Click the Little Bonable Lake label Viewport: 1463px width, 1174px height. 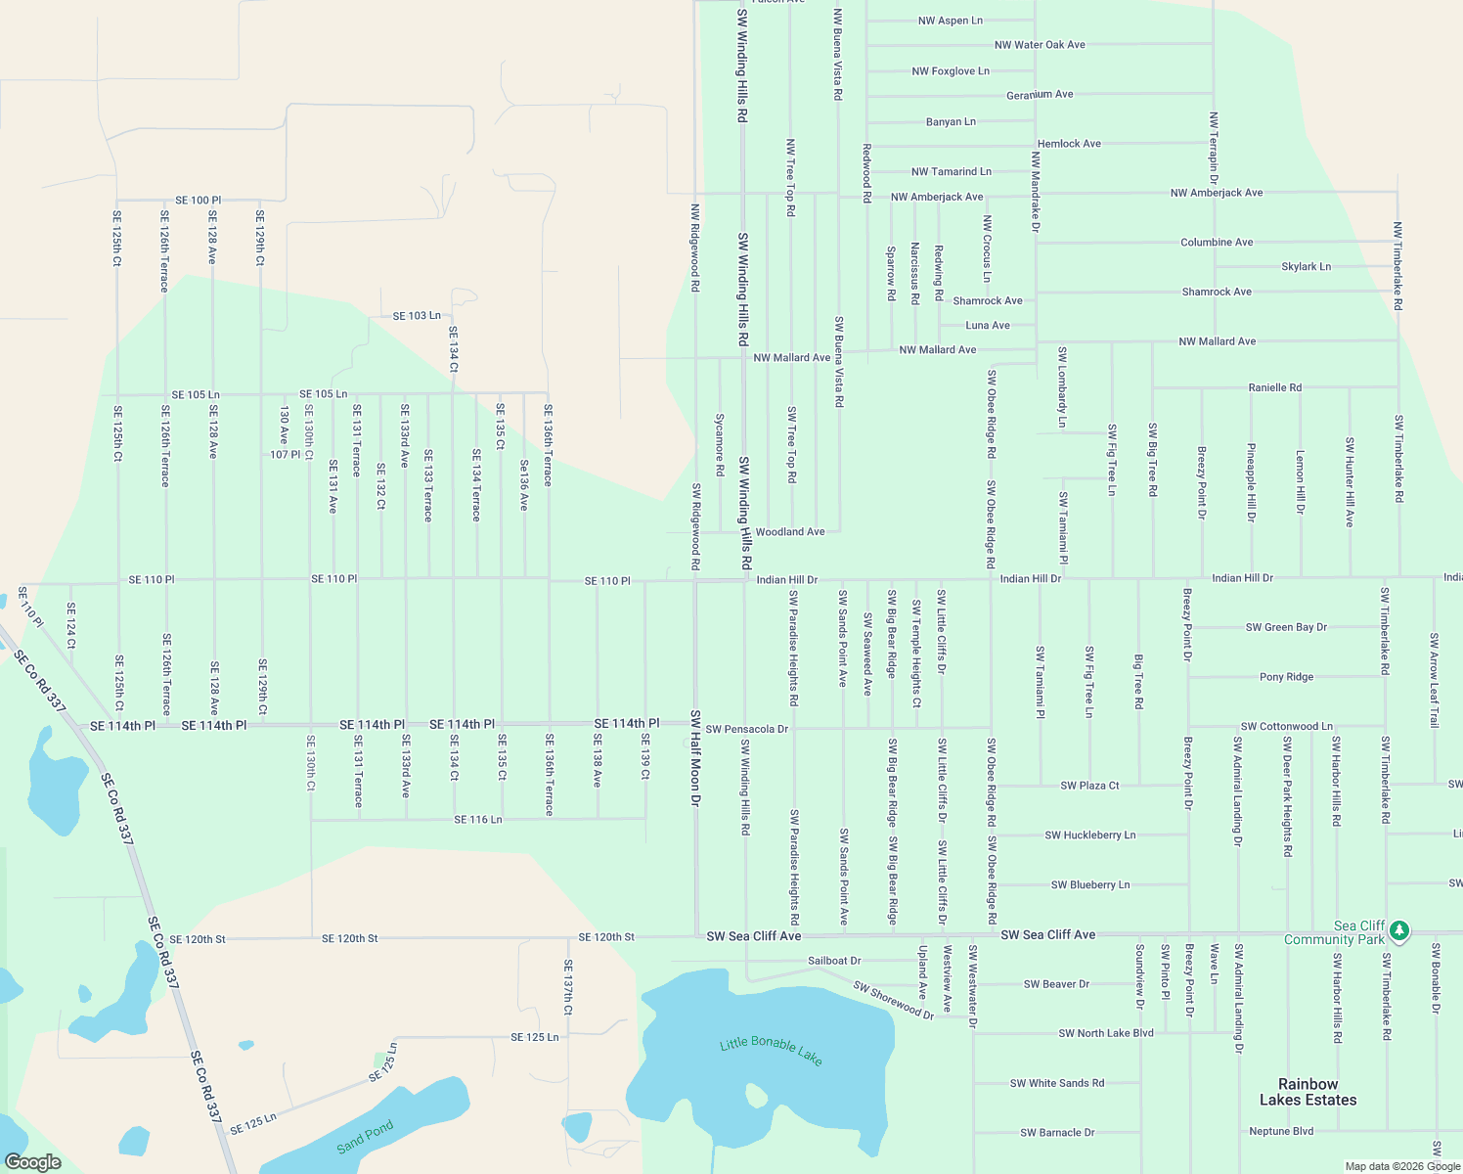[x=771, y=1050]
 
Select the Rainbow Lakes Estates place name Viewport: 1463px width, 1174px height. [x=1308, y=1092]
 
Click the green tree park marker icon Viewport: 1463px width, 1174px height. [x=1399, y=930]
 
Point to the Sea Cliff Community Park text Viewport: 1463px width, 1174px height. [x=1334, y=932]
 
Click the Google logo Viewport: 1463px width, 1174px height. [x=33, y=1161]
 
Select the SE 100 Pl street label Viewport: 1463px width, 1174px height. [x=198, y=201]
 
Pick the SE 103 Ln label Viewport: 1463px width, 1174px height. [x=417, y=316]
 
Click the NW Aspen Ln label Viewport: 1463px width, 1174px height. [x=950, y=21]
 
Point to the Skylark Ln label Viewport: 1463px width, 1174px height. [x=1306, y=266]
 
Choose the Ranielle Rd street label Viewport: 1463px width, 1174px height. [x=1274, y=387]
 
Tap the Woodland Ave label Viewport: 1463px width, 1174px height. [x=789, y=532]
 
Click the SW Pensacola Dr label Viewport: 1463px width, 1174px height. [x=746, y=729]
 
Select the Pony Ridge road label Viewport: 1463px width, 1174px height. [x=1286, y=677]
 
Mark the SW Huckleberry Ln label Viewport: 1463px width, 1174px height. [x=1089, y=835]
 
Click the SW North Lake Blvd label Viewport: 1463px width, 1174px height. [x=1105, y=1033]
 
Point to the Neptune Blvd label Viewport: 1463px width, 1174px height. [x=1281, y=1131]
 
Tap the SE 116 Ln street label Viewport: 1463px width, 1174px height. [x=477, y=820]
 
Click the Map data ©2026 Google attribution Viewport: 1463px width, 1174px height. [x=1402, y=1166]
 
